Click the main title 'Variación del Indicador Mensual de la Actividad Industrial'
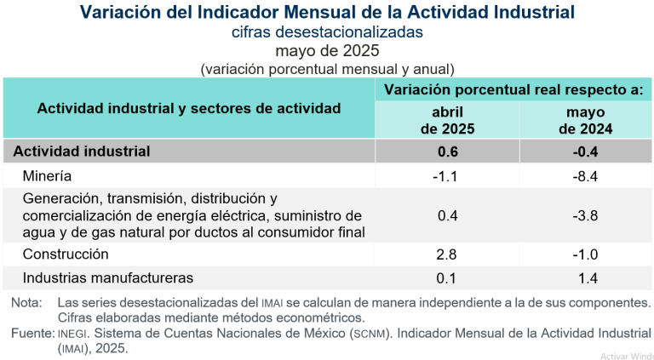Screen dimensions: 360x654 click(x=327, y=12)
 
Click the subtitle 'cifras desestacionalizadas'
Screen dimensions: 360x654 click(x=327, y=32)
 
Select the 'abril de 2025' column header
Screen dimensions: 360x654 click(x=447, y=121)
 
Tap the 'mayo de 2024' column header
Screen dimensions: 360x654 click(x=586, y=121)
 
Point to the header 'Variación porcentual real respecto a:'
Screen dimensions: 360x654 click(x=513, y=89)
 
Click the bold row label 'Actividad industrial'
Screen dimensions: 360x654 click(x=82, y=151)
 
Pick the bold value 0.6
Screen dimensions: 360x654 click(x=447, y=151)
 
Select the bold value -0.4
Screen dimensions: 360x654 click(x=586, y=151)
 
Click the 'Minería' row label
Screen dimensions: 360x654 click(x=48, y=176)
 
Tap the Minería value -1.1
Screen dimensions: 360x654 click(x=447, y=176)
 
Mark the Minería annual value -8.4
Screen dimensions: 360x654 click(x=586, y=176)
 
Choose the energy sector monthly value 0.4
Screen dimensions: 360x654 click(x=447, y=215)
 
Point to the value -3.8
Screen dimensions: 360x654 click(x=586, y=215)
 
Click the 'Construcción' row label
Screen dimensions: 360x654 click(x=66, y=254)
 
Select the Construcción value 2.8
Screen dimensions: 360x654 click(x=447, y=254)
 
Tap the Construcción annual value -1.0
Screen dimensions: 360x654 click(x=586, y=254)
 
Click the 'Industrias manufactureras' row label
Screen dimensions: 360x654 click(x=108, y=277)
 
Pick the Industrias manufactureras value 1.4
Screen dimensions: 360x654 click(x=586, y=277)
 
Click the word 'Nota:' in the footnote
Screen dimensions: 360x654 click(x=26, y=303)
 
